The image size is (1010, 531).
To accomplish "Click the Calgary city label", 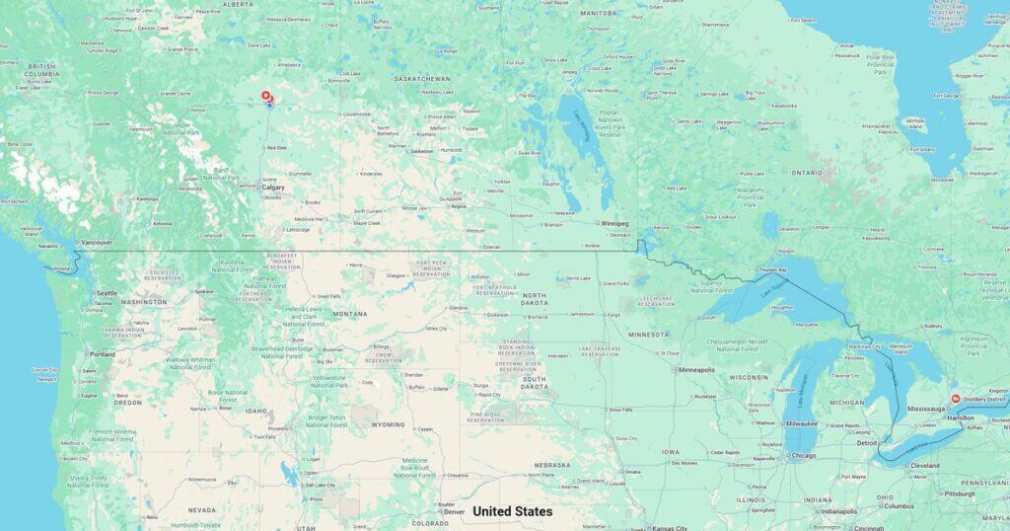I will pos(273,187).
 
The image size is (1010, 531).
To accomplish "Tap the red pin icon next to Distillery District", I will pos(955,399).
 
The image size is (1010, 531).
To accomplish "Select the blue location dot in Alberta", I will pos(269,106).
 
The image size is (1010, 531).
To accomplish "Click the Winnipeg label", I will pos(615,223).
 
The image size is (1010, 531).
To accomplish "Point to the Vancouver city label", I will pos(97,242).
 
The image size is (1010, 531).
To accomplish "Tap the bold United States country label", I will pos(512,511).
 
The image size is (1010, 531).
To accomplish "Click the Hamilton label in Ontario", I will pos(962,418).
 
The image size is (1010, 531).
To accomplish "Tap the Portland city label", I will pos(102,353).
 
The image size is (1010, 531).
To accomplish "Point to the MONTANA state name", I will pos(349,314).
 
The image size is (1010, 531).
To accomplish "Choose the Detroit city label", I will pos(868,443).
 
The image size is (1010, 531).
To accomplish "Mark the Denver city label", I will pos(454,512).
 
